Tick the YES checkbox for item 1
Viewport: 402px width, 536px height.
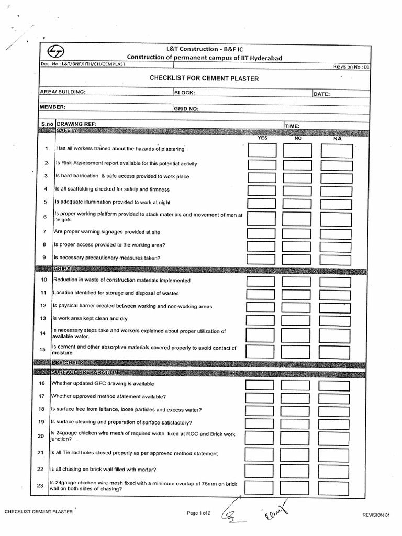(261, 151)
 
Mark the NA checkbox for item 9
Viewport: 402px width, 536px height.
(336, 258)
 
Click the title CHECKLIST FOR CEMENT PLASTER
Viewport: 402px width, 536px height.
(204, 79)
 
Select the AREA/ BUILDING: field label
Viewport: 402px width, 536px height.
(63, 92)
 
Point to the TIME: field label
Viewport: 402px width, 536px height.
(292, 126)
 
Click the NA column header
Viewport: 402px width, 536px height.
(337, 139)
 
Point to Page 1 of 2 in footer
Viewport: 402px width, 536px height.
(199, 513)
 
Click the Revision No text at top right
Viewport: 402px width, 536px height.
(351, 67)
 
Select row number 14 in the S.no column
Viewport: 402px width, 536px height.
(42, 333)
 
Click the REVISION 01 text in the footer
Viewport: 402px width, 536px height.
(376, 515)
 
